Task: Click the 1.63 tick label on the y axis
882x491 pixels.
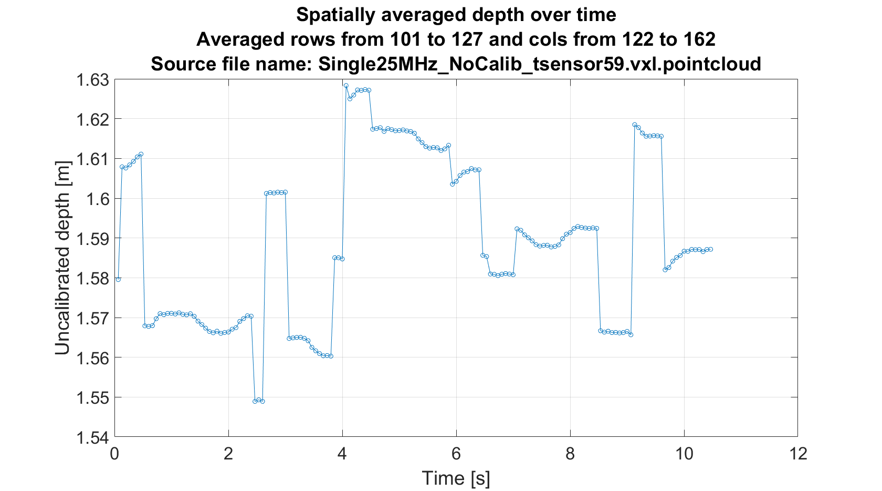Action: pos(92,80)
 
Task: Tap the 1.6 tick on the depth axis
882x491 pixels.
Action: pos(98,199)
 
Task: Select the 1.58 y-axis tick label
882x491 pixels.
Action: pos(92,278)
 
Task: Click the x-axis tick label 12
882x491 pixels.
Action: pos(797,453)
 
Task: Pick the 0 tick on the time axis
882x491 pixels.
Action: pos(114,453)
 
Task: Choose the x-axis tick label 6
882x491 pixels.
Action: pos(456,453)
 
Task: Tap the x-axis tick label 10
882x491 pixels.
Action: pos(684,453)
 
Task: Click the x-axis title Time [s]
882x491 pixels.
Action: pos(456,478)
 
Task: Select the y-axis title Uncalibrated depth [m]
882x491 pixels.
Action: pos(62,258)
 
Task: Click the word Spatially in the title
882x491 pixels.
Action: pos(336,15)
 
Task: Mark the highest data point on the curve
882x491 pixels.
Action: pos(346,85)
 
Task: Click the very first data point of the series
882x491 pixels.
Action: pos(118,279)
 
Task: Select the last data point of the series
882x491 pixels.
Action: pos(711,249)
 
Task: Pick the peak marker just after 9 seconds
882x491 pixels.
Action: pos(635,125)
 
